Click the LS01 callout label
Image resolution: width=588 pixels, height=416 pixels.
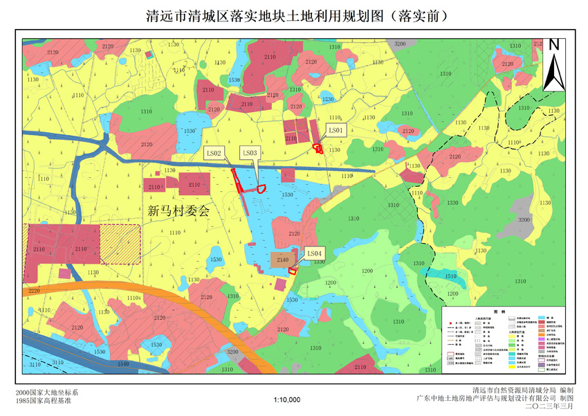point(336,129)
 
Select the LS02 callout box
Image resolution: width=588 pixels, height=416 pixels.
point(214,153)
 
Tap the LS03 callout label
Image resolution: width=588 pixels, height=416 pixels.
point(250,153)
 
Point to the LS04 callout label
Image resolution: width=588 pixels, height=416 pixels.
point(314,254)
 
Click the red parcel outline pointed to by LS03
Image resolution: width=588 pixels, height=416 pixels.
point(261,188)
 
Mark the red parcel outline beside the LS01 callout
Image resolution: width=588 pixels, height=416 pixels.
point(318,147)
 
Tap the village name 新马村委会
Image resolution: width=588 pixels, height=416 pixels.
point(178,212)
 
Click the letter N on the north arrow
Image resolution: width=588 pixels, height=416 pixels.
point(553,46)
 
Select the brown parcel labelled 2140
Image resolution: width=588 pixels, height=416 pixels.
point(282,260)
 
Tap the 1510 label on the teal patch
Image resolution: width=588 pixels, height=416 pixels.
point(450,276)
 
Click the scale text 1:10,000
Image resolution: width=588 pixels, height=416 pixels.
point(287,400)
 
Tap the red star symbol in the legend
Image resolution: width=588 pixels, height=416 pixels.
point(450,323)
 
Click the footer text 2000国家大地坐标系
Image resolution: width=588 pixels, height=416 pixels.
point(43,392)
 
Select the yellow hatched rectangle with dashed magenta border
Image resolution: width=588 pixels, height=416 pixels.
point(120,244)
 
